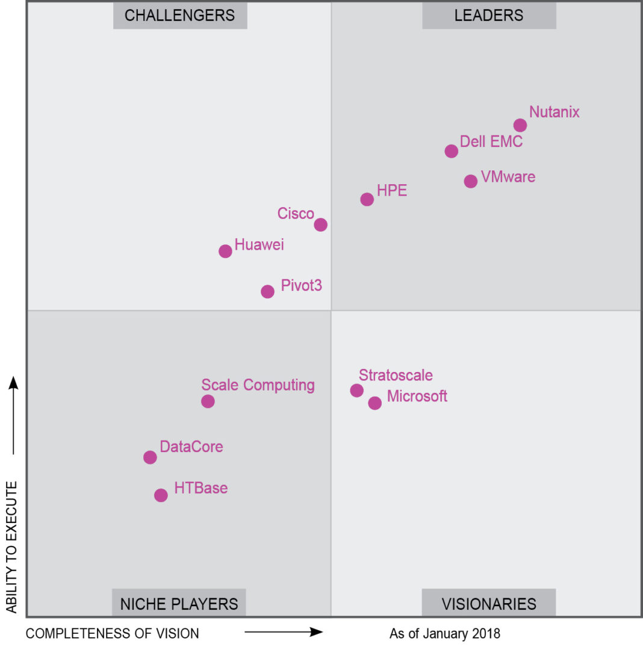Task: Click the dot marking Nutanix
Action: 520,125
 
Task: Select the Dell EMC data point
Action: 452,151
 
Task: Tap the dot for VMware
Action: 471,181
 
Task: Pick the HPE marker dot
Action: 367,199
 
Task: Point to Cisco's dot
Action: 321,224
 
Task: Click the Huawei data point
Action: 225,251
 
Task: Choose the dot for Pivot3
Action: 268,291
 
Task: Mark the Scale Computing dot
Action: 208,401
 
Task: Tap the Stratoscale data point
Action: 357,390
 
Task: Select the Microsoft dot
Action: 375,403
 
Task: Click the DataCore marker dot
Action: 151,457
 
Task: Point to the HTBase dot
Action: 161,495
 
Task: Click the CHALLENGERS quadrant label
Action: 180,16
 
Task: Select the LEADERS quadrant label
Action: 489,16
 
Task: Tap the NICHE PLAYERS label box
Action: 179,603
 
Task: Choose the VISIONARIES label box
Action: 489,603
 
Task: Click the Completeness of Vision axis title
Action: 113,633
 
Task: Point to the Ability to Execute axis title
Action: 11,546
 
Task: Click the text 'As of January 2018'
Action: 445,633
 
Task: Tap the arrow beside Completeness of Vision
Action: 284,632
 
